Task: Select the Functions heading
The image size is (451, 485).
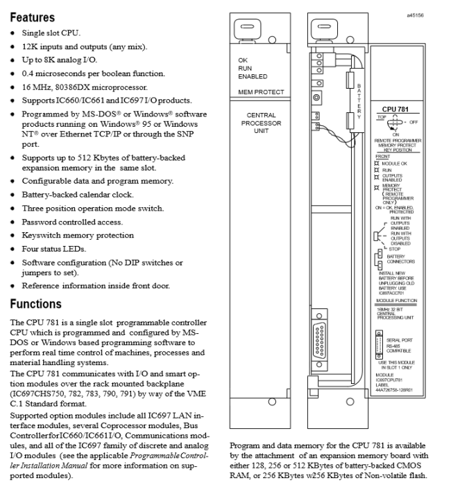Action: click(x=35, y=304)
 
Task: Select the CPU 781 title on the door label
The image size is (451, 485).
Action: click(x=394, y=109)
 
